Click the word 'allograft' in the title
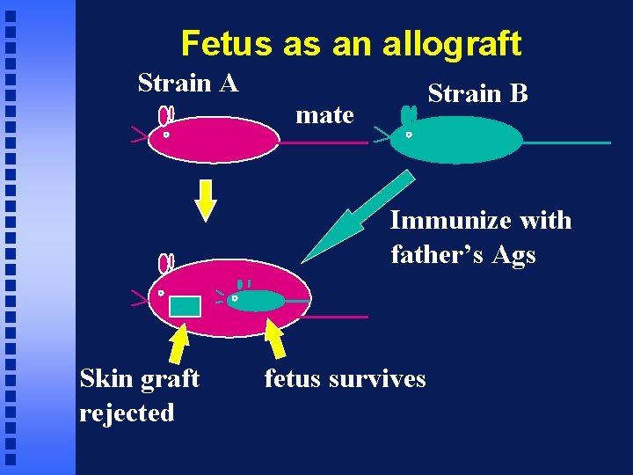click(451, 43)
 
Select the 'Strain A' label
click(188, 84)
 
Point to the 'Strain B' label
click(477, 93)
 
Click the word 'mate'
click(324, 114)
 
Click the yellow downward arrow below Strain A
click(205, 201)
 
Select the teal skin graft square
click(185, 306)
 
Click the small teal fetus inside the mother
click(257, 301)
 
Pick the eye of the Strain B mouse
click(408, 135)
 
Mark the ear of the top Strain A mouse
click(164, 115)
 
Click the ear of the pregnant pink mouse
click(164, 263)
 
